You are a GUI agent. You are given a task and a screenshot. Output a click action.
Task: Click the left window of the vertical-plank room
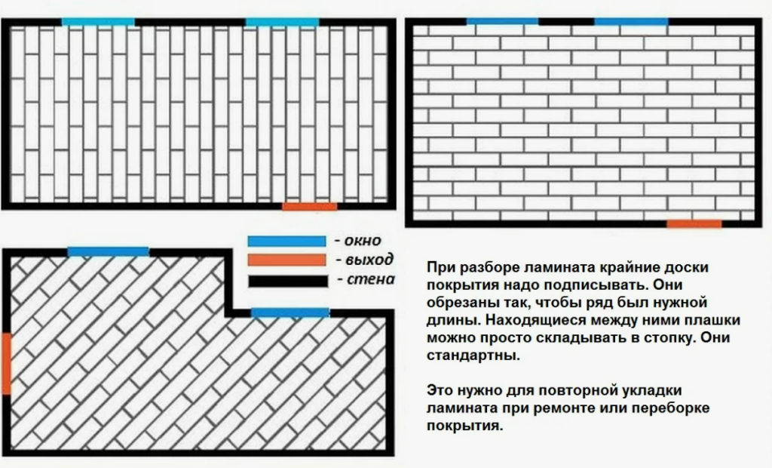coord(98,22)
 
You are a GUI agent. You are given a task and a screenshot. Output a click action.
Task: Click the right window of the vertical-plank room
coord(282,22)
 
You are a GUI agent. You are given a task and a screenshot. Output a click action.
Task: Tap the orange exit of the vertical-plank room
coord(310,206)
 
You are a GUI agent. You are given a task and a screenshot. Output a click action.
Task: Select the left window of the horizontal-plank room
coord(502,21)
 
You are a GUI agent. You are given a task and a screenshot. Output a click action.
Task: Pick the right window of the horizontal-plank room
coord(631,21)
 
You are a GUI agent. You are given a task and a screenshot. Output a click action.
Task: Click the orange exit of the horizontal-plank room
coord(694,223)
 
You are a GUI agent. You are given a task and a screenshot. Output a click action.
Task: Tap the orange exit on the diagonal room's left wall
coord(6,363)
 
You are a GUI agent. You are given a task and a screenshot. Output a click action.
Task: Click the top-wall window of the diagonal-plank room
coord(109,251)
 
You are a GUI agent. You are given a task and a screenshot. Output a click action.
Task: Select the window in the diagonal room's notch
coord(290,313)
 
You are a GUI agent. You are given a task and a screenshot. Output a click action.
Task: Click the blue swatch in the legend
coord(286,241)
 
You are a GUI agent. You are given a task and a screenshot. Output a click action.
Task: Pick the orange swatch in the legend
coord(286,260)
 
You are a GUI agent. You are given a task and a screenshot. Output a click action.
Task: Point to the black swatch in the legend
coord(288,281)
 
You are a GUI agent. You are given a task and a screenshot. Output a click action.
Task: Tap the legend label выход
coord(369,260)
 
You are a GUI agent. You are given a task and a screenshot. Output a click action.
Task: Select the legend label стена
coord(371,279)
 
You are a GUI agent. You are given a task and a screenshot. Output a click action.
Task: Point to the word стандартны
coord(473,355)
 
